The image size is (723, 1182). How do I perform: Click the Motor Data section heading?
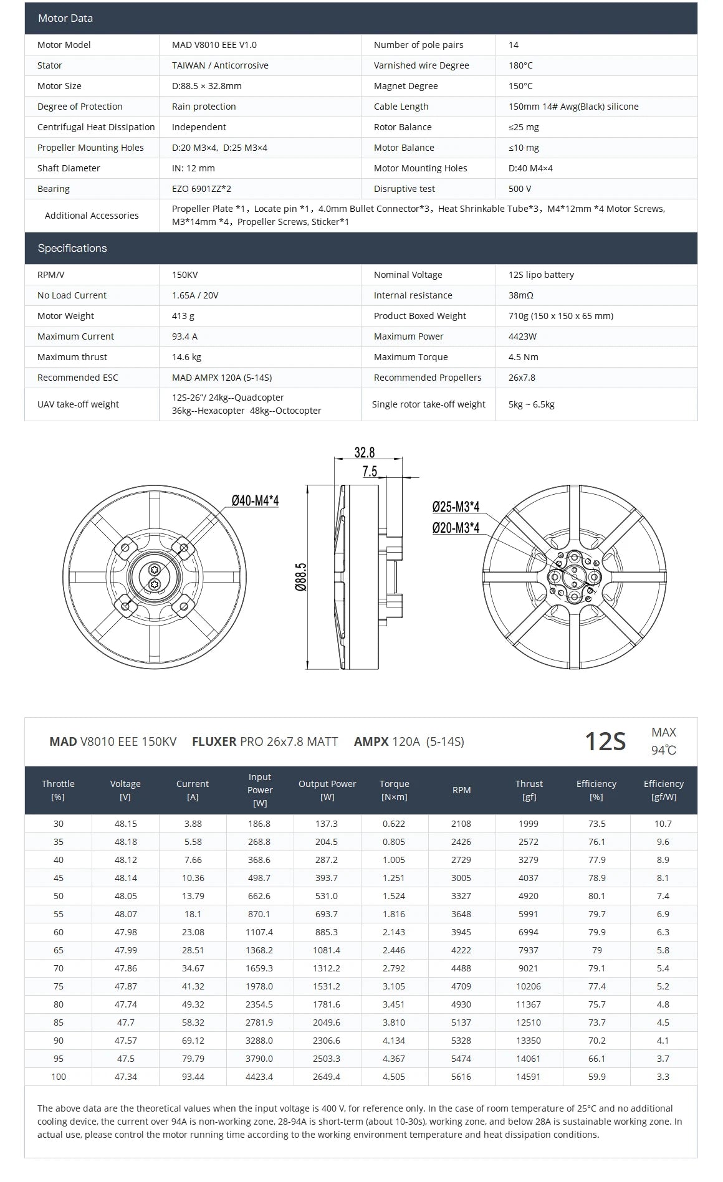tap(65, 18)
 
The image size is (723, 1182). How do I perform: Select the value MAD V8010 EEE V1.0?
tap(214, 45)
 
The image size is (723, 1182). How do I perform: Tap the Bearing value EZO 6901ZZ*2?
tap(201, 189)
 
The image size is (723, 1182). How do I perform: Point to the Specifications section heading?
tap(72, 248)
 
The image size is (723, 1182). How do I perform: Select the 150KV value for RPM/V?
tap(184, 275)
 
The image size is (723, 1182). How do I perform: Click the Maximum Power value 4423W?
tap(522, 336)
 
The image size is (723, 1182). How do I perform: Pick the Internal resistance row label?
tap(413, 295)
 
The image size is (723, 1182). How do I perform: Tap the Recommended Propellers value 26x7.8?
tap(522, 378)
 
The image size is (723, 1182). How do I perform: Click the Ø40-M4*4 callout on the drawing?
tap(255, 500)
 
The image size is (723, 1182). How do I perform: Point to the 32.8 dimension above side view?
tap(365, 452)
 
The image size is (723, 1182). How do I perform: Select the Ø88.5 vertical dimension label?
tap(301, 577)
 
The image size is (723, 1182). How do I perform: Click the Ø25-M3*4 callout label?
tap(456, 507)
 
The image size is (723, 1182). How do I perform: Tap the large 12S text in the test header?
tap(604, 741)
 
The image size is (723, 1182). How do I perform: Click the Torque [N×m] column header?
tap(394, 790)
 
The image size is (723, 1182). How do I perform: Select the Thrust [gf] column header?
tap(529, 790)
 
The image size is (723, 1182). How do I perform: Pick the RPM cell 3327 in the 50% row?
tap(461, 896)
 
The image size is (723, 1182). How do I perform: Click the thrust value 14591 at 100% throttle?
tap(529, 1077)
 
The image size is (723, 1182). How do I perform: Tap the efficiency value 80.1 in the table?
tap(596, 896)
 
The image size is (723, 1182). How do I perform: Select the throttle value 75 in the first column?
tap(58, 986)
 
